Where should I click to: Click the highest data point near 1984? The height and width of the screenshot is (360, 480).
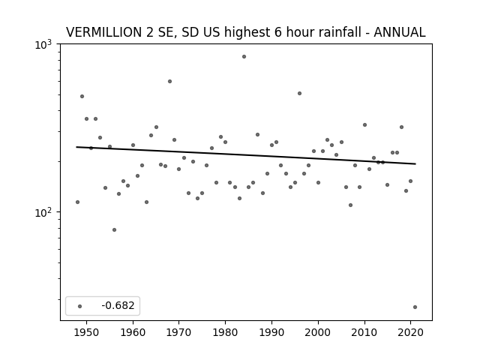[x=244, y=57]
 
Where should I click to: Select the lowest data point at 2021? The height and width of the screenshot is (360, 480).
[x=415, y=307]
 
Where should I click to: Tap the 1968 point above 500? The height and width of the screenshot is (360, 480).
[x=169, y=82]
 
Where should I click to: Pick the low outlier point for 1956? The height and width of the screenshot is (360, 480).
[x=114, y=230]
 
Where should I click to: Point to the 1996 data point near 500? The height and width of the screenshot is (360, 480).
[x=299, y=93]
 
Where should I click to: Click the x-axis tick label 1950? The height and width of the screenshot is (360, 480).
[x=87, y=332]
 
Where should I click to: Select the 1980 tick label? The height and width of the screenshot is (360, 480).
[x=225, y=332]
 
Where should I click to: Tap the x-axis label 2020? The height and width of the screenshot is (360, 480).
[x=410, y=332]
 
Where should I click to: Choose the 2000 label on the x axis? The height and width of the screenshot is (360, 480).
[x=318, y=332]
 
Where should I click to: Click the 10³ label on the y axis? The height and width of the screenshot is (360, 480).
[x=43, y=45]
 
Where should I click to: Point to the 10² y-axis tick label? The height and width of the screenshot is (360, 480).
[x=43, y=212]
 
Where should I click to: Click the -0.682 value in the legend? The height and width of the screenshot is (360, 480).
[x=118, y=305]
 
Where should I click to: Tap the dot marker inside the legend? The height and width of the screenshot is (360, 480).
[x=80, y=306]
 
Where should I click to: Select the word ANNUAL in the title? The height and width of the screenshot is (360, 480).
[x=400, y=32]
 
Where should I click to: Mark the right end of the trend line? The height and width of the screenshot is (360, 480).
[x=415, y=163]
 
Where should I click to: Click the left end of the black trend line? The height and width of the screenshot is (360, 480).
[x=76, y=147]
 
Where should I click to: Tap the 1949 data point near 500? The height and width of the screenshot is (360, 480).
[x=82, y=97]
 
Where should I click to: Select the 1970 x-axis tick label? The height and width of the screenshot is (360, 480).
[x=179, y=332]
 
